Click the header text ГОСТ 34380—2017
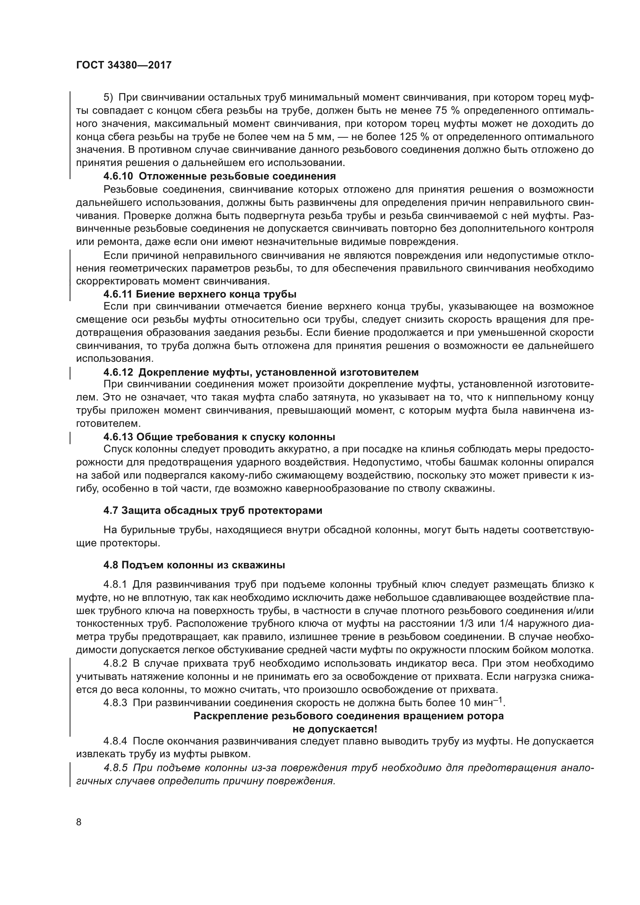point(124,65)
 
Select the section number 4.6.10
point(118,176)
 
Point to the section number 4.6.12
point(118,372)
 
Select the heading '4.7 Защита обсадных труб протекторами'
point(213,510)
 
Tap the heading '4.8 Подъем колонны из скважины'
point(194,565)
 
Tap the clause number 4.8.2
point(115,664)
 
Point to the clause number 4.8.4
point(115,741)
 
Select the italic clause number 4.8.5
point(116,768)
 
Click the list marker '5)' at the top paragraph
point(108,98)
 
